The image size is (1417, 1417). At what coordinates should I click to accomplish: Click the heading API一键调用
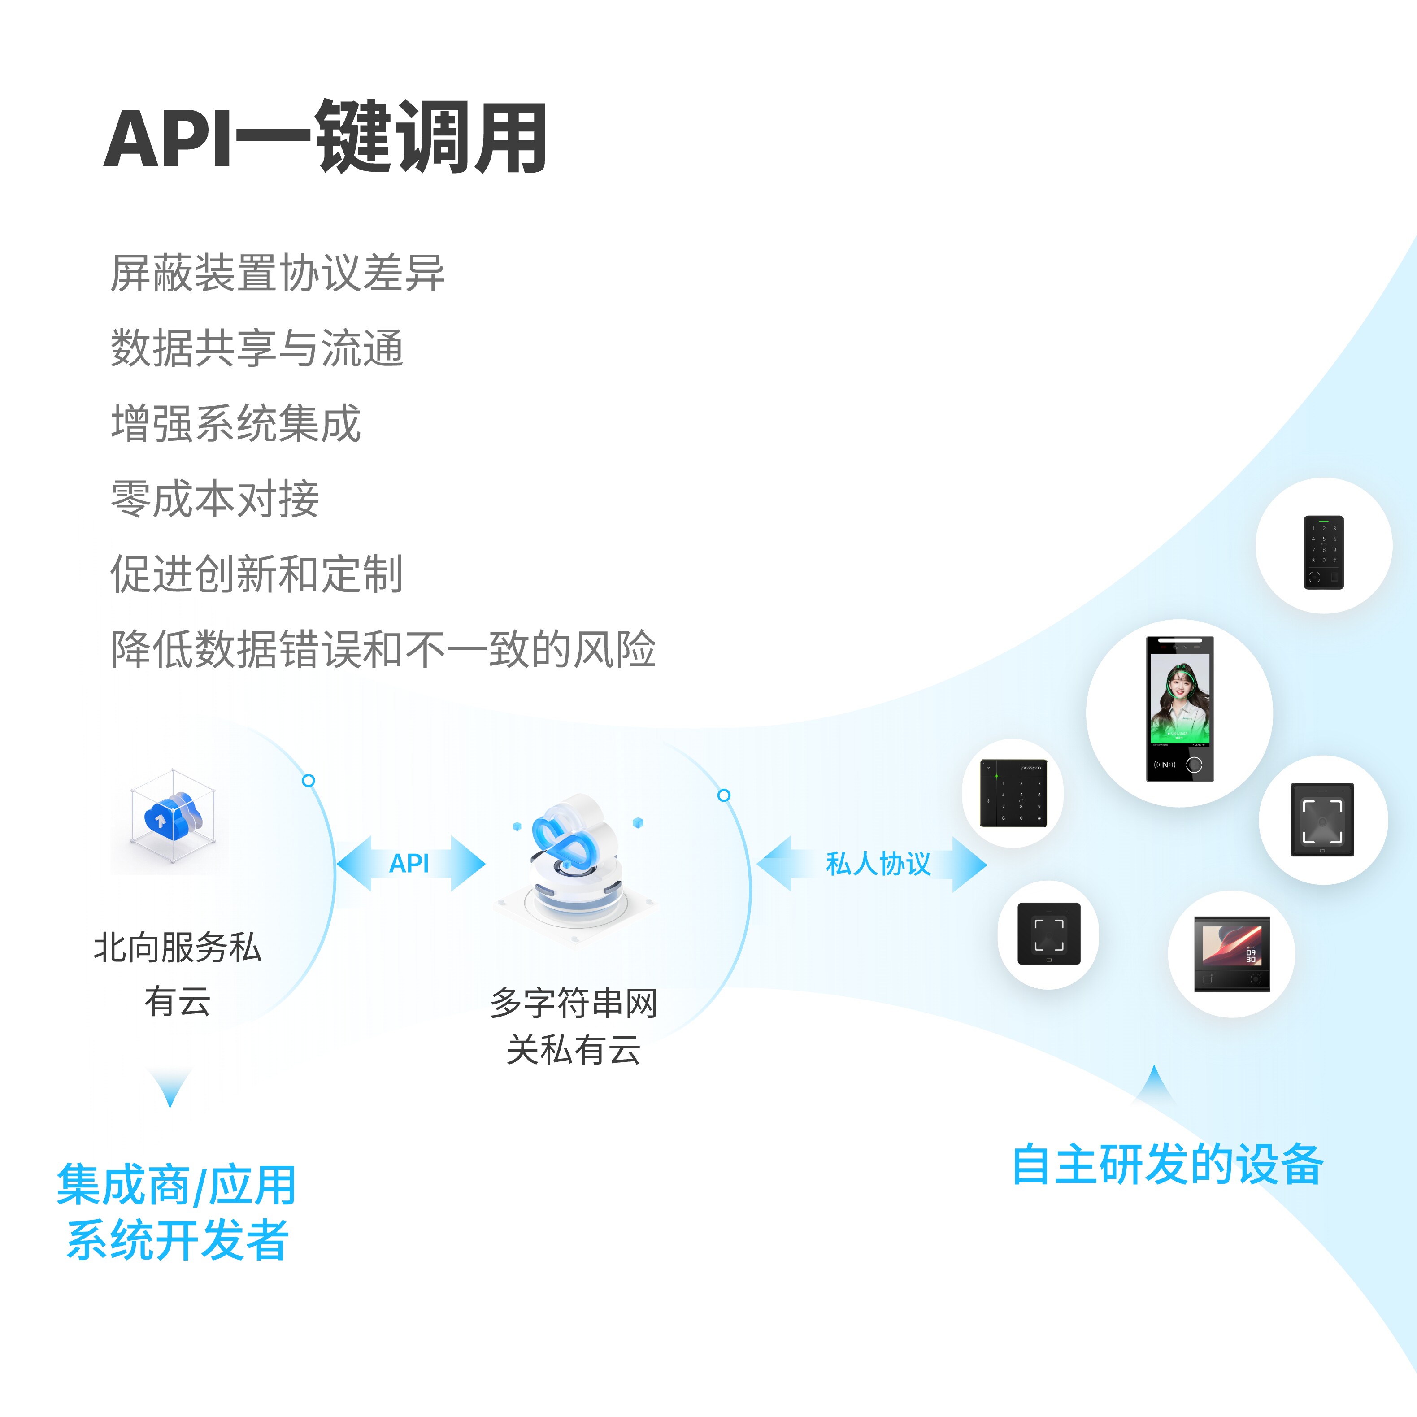(325, 138)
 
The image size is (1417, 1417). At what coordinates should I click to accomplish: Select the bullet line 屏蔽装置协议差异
(277, 273)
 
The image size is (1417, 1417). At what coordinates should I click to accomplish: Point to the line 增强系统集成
(235, 423)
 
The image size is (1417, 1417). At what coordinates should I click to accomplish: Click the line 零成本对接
(215, 499)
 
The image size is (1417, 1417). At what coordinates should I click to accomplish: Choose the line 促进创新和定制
(256, 574)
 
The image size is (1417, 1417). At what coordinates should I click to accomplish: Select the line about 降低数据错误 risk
(383, 649)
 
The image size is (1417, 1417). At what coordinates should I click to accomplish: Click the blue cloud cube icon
(173, 816)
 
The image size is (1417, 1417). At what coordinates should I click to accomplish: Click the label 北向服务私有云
(178, 974)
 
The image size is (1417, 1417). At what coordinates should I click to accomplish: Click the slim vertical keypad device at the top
(1323, 552)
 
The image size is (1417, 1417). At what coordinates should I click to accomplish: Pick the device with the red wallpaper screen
(1231, 953)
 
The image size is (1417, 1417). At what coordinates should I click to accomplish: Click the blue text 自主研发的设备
(1168, 1164)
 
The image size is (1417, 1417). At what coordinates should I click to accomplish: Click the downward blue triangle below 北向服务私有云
(170, 1086)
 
